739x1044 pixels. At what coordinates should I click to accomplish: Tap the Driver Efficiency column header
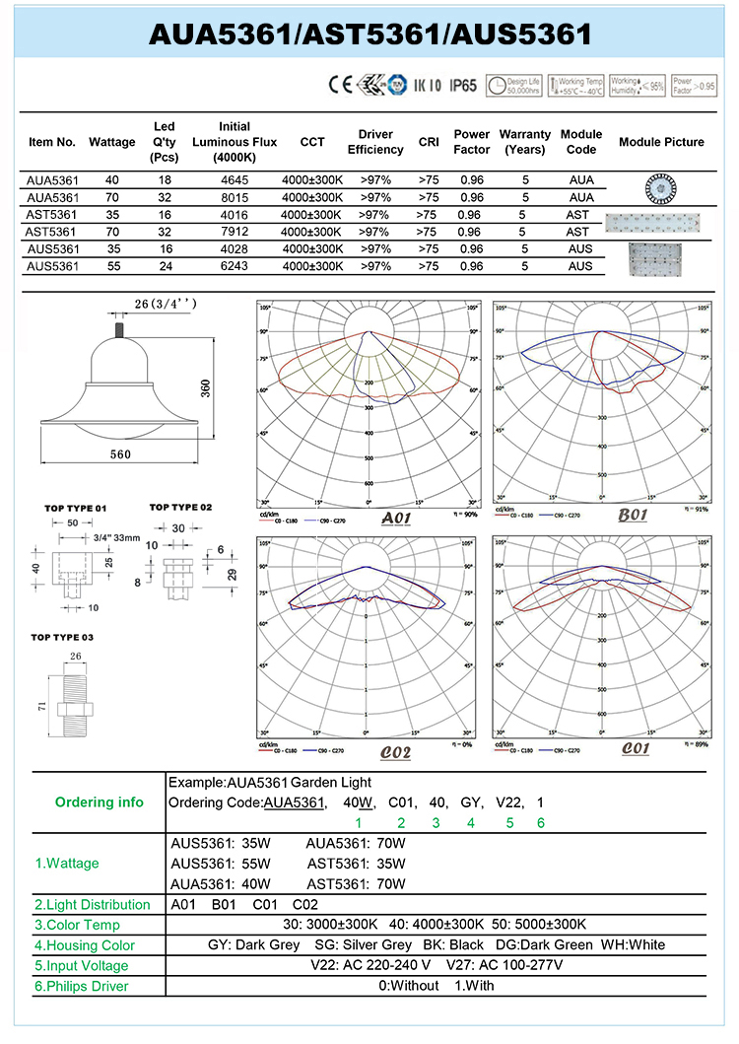point(375,142)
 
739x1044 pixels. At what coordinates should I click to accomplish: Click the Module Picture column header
point(661,142)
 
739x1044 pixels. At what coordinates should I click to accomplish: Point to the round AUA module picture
point(661,187)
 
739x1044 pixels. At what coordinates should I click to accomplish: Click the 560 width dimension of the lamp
point(121,454)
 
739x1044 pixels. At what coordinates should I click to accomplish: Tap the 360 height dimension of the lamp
point(233,387)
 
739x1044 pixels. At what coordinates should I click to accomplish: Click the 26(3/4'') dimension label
point(164,304)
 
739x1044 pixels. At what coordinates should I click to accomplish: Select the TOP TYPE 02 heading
point(180,507)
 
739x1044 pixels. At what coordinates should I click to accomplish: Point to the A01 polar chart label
point(395,519)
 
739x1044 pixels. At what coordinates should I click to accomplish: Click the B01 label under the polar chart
point(632,516)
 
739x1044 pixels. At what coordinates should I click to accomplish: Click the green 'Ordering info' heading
point(100,801)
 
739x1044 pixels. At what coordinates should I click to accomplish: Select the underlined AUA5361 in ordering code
point(295,802)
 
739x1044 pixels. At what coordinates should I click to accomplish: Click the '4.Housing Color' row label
point(85,945)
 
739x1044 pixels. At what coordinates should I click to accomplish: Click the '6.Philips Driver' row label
point(82,986)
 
